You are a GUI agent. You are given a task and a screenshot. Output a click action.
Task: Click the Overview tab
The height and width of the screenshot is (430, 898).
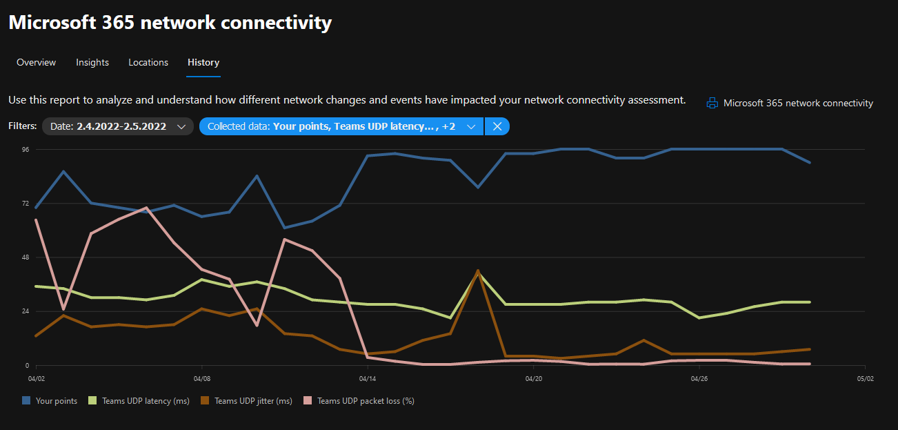pyautogui.click(x=37, y=62)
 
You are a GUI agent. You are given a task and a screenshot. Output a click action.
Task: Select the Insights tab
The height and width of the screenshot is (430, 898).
pyautogui.click(x=92, y=62)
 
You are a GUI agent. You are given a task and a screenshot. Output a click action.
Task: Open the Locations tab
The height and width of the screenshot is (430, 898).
pyautogui.click(x=148, y=62)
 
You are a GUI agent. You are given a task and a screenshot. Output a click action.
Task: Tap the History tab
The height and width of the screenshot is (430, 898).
pyautogui.click(x=203, y=62)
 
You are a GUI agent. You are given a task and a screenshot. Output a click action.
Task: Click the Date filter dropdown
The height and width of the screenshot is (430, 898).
pyautogui.click(x=118, y=126)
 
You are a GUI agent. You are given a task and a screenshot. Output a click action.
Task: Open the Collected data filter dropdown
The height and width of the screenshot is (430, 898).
pyautogui.click(x=341, y=126)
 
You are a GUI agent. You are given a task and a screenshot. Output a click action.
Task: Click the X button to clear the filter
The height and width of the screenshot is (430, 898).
pyautogui.click(x=497, y=126)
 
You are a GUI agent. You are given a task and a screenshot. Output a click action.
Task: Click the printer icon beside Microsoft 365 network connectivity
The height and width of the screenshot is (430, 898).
pyautogui.click(x=712, y=104)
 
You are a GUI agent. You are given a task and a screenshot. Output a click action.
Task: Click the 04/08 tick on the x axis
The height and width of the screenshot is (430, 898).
pyautogui.click(x=202, y=378)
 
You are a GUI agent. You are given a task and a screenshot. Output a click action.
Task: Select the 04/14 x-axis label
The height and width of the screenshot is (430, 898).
pyautogui.click(x=368, y=378)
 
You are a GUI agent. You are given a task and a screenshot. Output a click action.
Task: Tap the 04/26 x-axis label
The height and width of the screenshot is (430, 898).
pyautogui.click(x=699, y=378)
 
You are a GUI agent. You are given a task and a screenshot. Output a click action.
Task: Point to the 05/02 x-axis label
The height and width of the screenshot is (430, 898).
pyautogui.click(x=865, y=378)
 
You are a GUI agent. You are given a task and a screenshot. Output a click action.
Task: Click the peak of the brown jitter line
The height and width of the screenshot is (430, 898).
pyautogui.click(x=478, y=271)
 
